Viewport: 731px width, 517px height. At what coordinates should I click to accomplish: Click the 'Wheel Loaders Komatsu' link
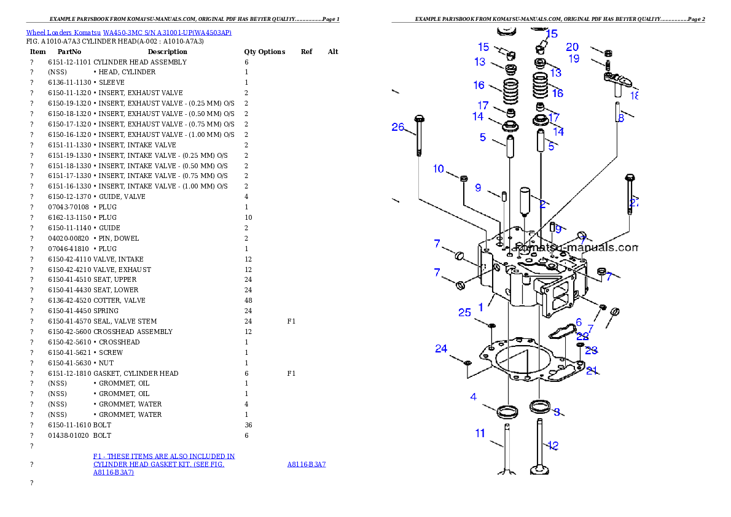click(x=63, y=33)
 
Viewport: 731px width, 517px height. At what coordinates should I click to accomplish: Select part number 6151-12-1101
click(x=69, y=62)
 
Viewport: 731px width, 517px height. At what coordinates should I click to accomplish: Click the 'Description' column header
click(x=167, y=52)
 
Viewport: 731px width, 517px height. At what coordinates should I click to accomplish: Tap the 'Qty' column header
click(x=250, y=52)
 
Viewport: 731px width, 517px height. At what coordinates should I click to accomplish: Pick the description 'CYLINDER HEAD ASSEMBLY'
click(x=140, y=62)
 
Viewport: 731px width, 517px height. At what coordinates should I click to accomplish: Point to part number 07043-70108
click(x=69, y=207)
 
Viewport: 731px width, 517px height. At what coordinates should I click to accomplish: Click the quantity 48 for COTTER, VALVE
click(x=248, y=301)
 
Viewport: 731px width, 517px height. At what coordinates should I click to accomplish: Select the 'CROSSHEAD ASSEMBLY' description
click(x=133, y=332)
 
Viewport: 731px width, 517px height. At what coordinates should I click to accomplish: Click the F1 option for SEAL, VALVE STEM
click(x=291, y=321)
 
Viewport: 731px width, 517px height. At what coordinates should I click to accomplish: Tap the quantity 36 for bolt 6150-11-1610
click(x=248, y=425)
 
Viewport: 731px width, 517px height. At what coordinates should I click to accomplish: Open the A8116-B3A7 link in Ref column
click(x=307, y=464)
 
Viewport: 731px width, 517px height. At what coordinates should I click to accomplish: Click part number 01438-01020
click(x=69, y=435)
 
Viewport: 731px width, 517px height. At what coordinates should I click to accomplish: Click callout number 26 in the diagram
click(x=397, y=127)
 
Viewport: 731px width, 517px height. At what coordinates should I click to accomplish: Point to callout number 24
click(x=441, y=349)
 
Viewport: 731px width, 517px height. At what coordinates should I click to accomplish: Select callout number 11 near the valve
click(x=480, y=433)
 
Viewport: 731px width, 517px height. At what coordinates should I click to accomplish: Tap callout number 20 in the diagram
click(x=572, y=47)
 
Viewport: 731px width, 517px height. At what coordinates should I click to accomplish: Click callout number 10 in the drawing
click(x=438, y=169)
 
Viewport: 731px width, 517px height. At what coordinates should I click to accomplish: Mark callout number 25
click(x=464, y=313)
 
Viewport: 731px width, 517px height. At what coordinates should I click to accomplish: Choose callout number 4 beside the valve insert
click(x=473, y=397)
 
